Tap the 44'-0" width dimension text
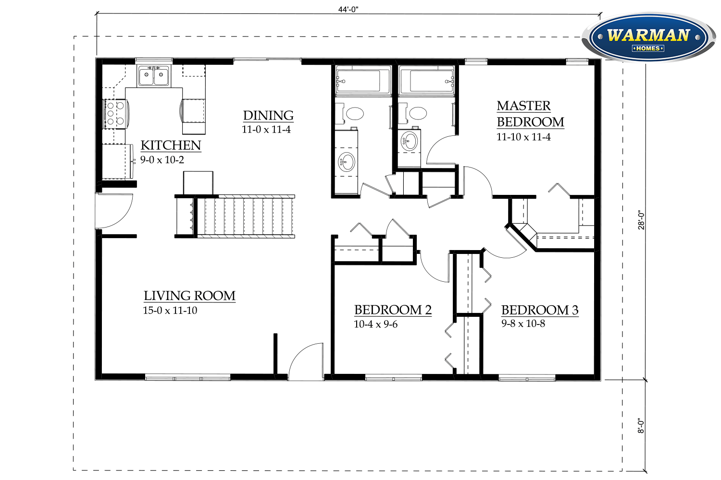point(348,10)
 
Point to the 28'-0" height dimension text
point(641,220)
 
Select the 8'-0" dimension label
point(641,425)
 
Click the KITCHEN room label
point(171,145)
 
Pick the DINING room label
point(268,116)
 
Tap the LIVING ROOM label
point(189,296)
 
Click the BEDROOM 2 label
point(393,310)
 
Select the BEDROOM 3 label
point(539,310)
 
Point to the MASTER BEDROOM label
point(530,114)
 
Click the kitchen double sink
point(154,76)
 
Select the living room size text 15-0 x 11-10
point(170,311)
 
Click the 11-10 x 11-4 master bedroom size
point(523,137)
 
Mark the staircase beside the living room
point(245,216)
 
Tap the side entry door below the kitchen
point(113,211)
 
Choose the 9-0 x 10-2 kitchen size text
point(162,160)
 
